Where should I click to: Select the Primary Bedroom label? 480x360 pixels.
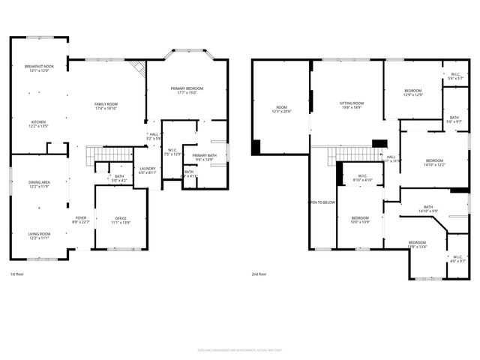[x=187, y=90]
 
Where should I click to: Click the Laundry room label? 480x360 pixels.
[x=148, y=170]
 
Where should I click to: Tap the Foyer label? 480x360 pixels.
[x=81, y=219]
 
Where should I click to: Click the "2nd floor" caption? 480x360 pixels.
[x=259, y=274]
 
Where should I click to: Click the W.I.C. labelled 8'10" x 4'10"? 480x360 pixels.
[x=362, y=178]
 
